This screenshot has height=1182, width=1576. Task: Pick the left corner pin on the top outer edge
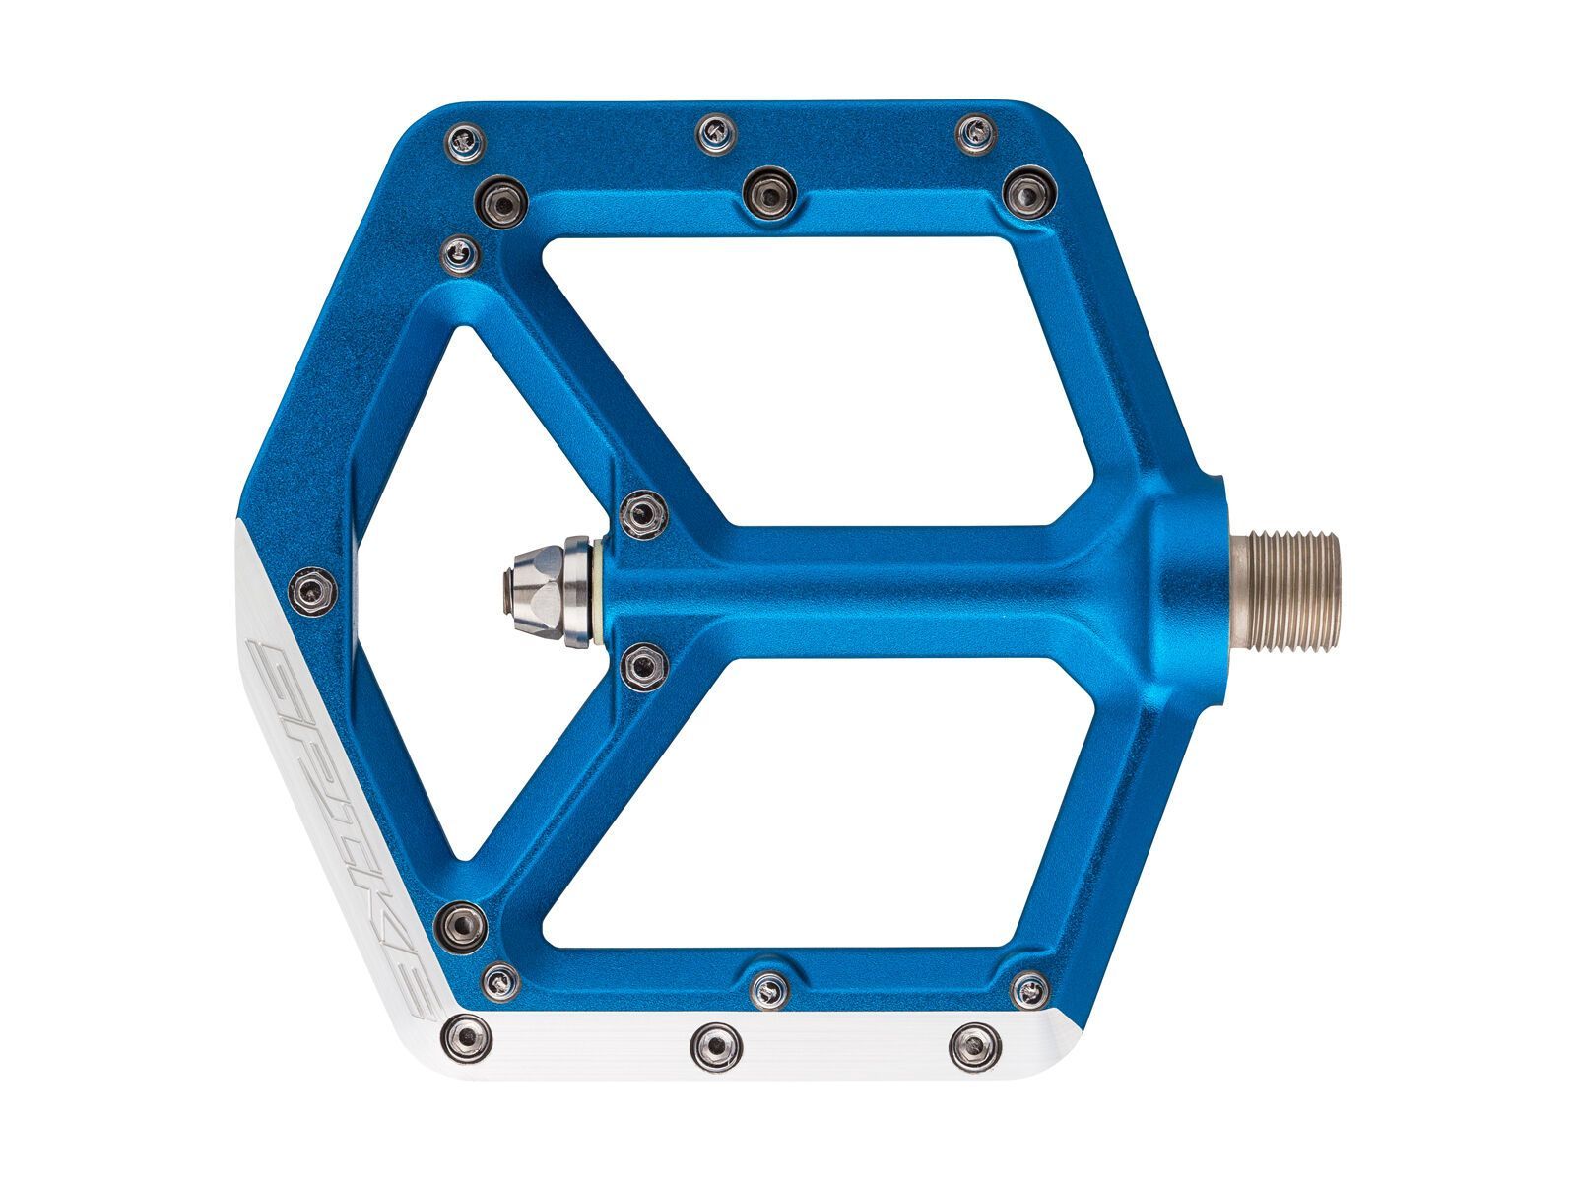465,142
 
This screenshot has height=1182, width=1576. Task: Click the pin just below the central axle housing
644,667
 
